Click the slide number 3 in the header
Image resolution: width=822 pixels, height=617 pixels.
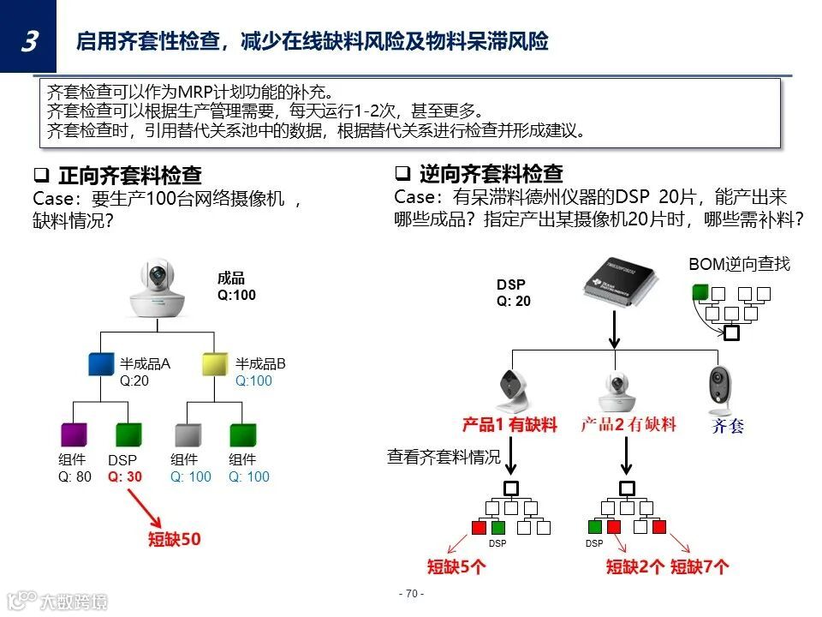[28, 40]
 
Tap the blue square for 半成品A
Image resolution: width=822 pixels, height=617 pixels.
[101, 363]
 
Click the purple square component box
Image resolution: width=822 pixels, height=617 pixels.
[74, 435]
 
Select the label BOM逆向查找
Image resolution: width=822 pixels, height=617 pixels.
[739, 264]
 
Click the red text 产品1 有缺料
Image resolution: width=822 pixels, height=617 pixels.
[509, 424]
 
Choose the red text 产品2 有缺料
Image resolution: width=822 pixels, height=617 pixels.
[628, 424]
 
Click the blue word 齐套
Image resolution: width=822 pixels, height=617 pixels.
[728, 426]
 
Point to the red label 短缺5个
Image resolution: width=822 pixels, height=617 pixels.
[457, 566]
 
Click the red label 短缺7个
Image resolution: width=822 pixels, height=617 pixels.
[700, 566]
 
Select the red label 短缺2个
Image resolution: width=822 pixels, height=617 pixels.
[635, 566]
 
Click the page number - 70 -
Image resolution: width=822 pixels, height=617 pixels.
[411, 594]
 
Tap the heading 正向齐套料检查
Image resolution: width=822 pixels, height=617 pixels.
[129, 177]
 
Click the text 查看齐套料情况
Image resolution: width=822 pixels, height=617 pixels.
[443, 458]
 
